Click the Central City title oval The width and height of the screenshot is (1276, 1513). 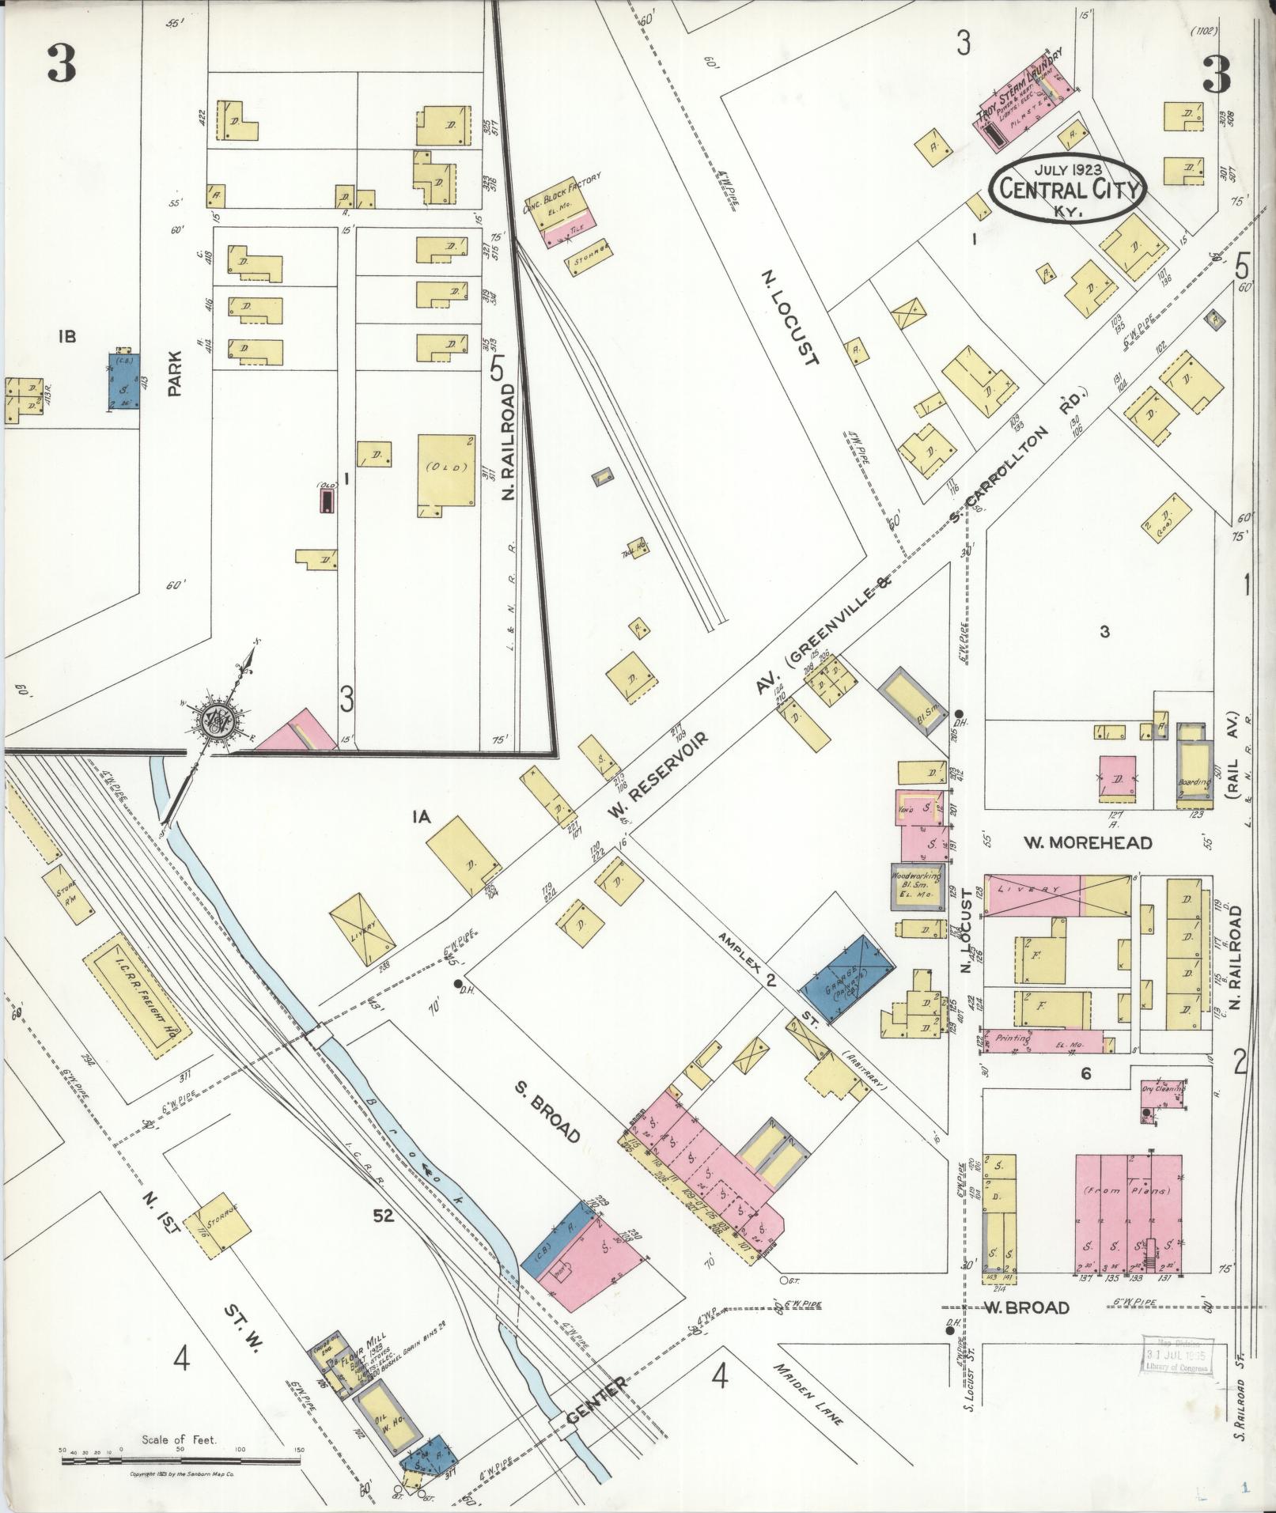pos(1069,189)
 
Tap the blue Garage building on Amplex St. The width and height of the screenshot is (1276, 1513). pos(849,978)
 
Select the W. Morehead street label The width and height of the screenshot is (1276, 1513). pos(1089,842)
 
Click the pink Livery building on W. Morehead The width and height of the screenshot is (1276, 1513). pos(1033,895)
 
